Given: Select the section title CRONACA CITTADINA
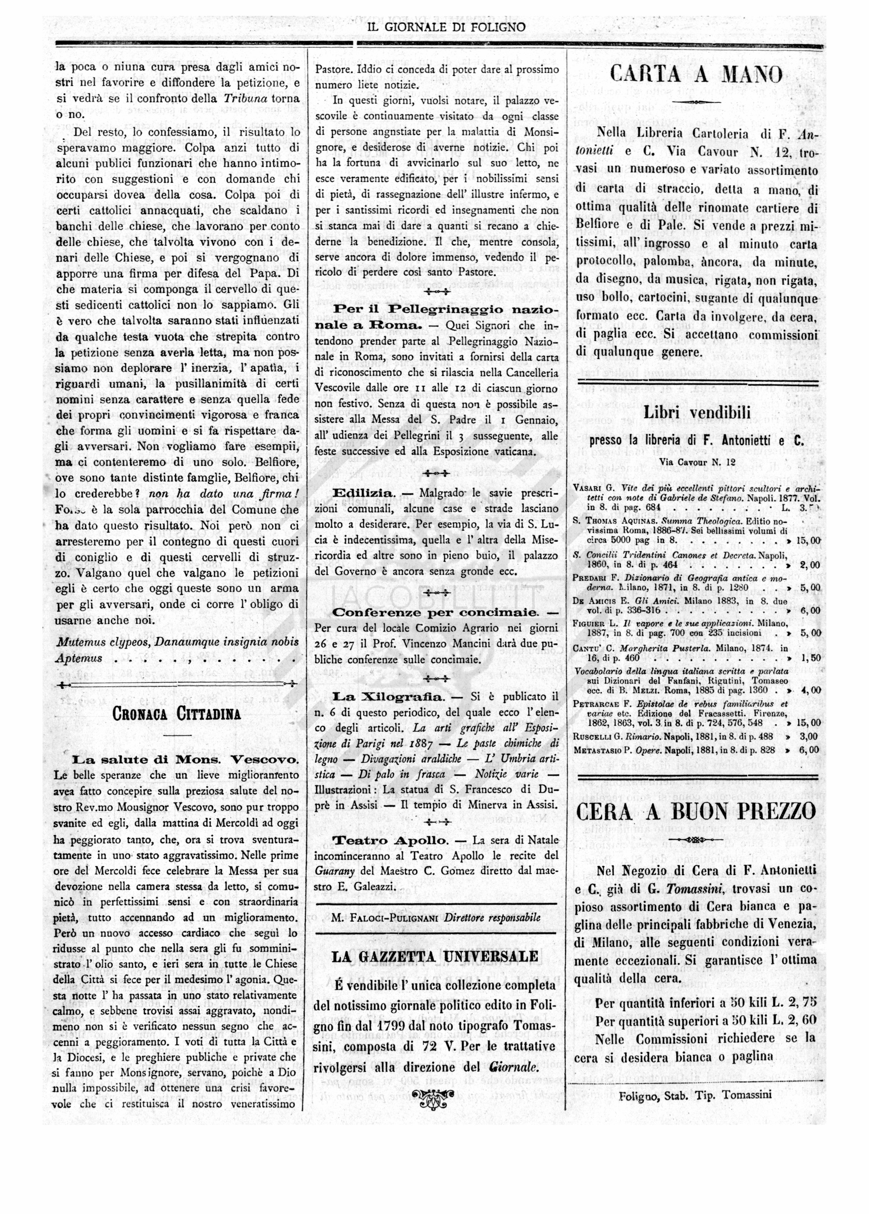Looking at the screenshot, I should pos(177,714).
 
